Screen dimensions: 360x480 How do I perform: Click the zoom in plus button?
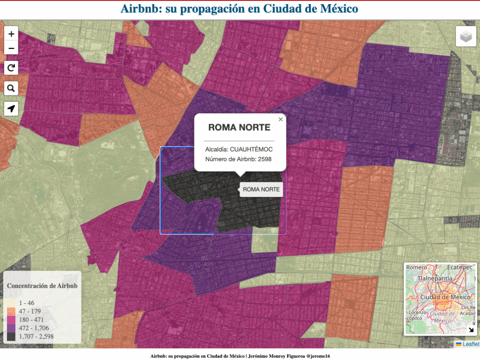pos(11,34)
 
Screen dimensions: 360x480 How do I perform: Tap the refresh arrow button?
pos(11,68)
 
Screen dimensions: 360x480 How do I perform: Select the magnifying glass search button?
pos(11,88)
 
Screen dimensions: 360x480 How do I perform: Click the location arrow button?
pos(11,108)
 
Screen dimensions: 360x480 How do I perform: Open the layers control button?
pos(466,37)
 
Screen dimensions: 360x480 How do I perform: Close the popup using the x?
pos(281,120)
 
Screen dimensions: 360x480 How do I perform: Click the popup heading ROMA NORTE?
pos(239,127)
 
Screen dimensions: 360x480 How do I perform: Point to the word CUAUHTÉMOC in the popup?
pos(251,150)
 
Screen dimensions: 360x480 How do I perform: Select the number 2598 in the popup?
pos(265,159)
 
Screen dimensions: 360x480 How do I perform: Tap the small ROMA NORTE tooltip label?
pos(261,189)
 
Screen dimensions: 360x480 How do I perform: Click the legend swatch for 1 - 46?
pos(11,303)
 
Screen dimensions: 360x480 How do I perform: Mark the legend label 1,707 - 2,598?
pos(37,336)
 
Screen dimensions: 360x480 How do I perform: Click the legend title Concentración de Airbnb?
pos(42,285)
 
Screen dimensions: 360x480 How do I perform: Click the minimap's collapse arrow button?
pos(471,329)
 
